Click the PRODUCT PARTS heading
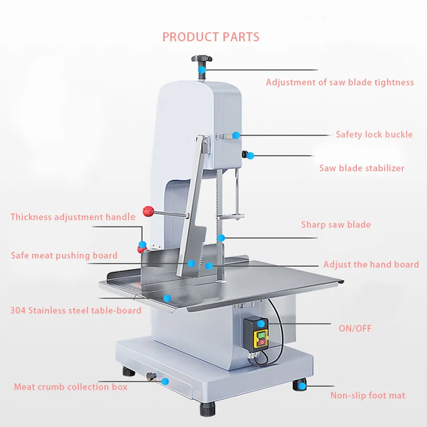click(211, 37)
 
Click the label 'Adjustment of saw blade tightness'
click(340, 83)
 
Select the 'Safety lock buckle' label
click(374, 135)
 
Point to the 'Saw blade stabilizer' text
click(362, 168)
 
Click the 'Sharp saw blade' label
click(336, 225)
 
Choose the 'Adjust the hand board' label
click(371, 265)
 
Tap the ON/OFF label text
click(355, 328)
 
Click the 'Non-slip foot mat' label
click(368, 395)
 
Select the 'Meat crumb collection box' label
click(71, 387)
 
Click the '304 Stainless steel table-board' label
click(76, 311)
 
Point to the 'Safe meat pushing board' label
click(64, 256)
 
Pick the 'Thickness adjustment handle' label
click(73, 217)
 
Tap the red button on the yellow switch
click(263, 340)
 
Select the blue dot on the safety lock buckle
click(236, 135)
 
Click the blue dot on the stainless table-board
click(167, 298)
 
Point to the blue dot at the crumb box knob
click(165, 381)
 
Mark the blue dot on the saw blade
click(221, 237)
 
